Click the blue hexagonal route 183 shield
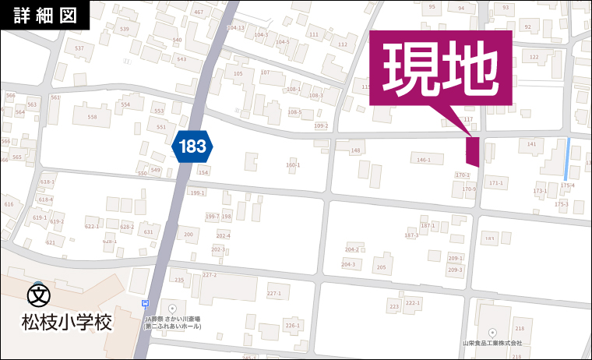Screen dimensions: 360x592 click(192, 146)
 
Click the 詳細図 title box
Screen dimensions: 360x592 click(45, 15)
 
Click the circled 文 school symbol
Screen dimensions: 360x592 click(37, 295)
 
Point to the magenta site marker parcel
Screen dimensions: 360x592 click(472, 150)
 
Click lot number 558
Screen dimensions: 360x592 click(92, 117)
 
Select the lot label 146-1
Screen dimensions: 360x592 click(424, 160)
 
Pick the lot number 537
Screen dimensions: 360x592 click(79, 48)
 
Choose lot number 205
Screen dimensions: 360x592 click(381, 267)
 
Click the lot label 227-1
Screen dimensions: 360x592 click(273, 293)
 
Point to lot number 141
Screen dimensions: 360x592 click(532, 144)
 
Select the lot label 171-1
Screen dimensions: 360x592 click(496, 183)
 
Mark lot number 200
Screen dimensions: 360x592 click(188, 234)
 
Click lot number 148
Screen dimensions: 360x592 click(356, 150)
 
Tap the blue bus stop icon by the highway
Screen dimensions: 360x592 click(145, 303)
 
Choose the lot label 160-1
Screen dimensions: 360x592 click(293, 164)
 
